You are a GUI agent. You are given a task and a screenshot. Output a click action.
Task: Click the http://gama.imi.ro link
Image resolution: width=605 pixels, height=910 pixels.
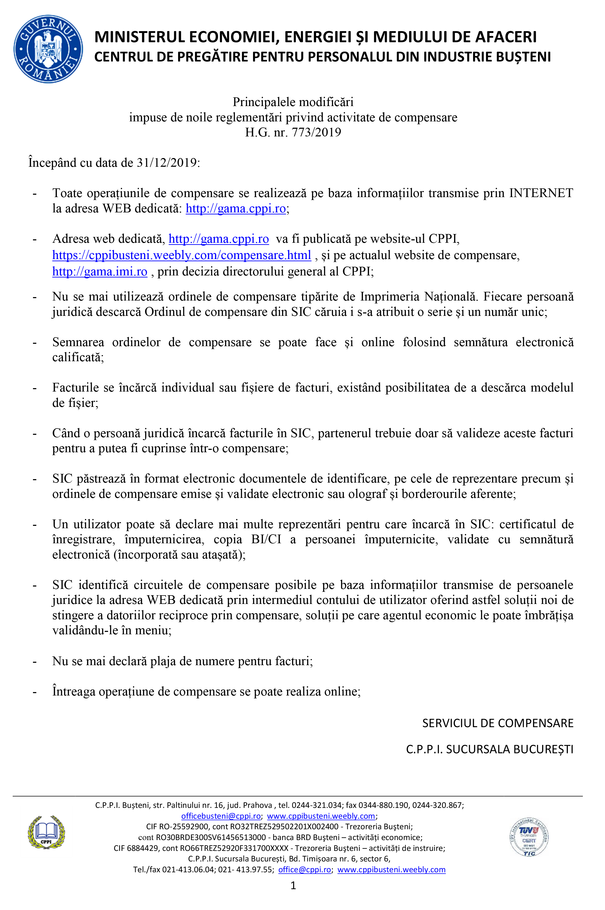point(99,271)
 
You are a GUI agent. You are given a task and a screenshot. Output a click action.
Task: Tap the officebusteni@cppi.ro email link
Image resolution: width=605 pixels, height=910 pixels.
point(221,816)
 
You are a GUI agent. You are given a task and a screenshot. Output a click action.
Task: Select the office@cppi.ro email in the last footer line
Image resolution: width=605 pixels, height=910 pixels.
point(304,869)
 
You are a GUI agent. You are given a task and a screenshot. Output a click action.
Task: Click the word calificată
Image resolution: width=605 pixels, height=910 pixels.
point(78,358)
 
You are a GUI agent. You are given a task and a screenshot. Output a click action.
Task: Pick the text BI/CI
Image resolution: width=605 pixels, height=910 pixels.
point(266,539)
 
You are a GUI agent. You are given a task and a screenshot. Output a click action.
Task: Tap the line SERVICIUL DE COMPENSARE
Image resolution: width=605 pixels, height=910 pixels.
point(497,723)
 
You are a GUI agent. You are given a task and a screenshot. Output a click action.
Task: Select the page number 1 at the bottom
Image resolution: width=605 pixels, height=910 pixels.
point(293,885)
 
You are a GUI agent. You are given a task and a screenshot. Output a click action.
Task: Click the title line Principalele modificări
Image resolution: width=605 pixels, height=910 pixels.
point(293,102)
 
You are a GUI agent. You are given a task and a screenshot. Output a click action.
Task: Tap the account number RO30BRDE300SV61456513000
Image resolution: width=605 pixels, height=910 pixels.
point(211,837)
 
